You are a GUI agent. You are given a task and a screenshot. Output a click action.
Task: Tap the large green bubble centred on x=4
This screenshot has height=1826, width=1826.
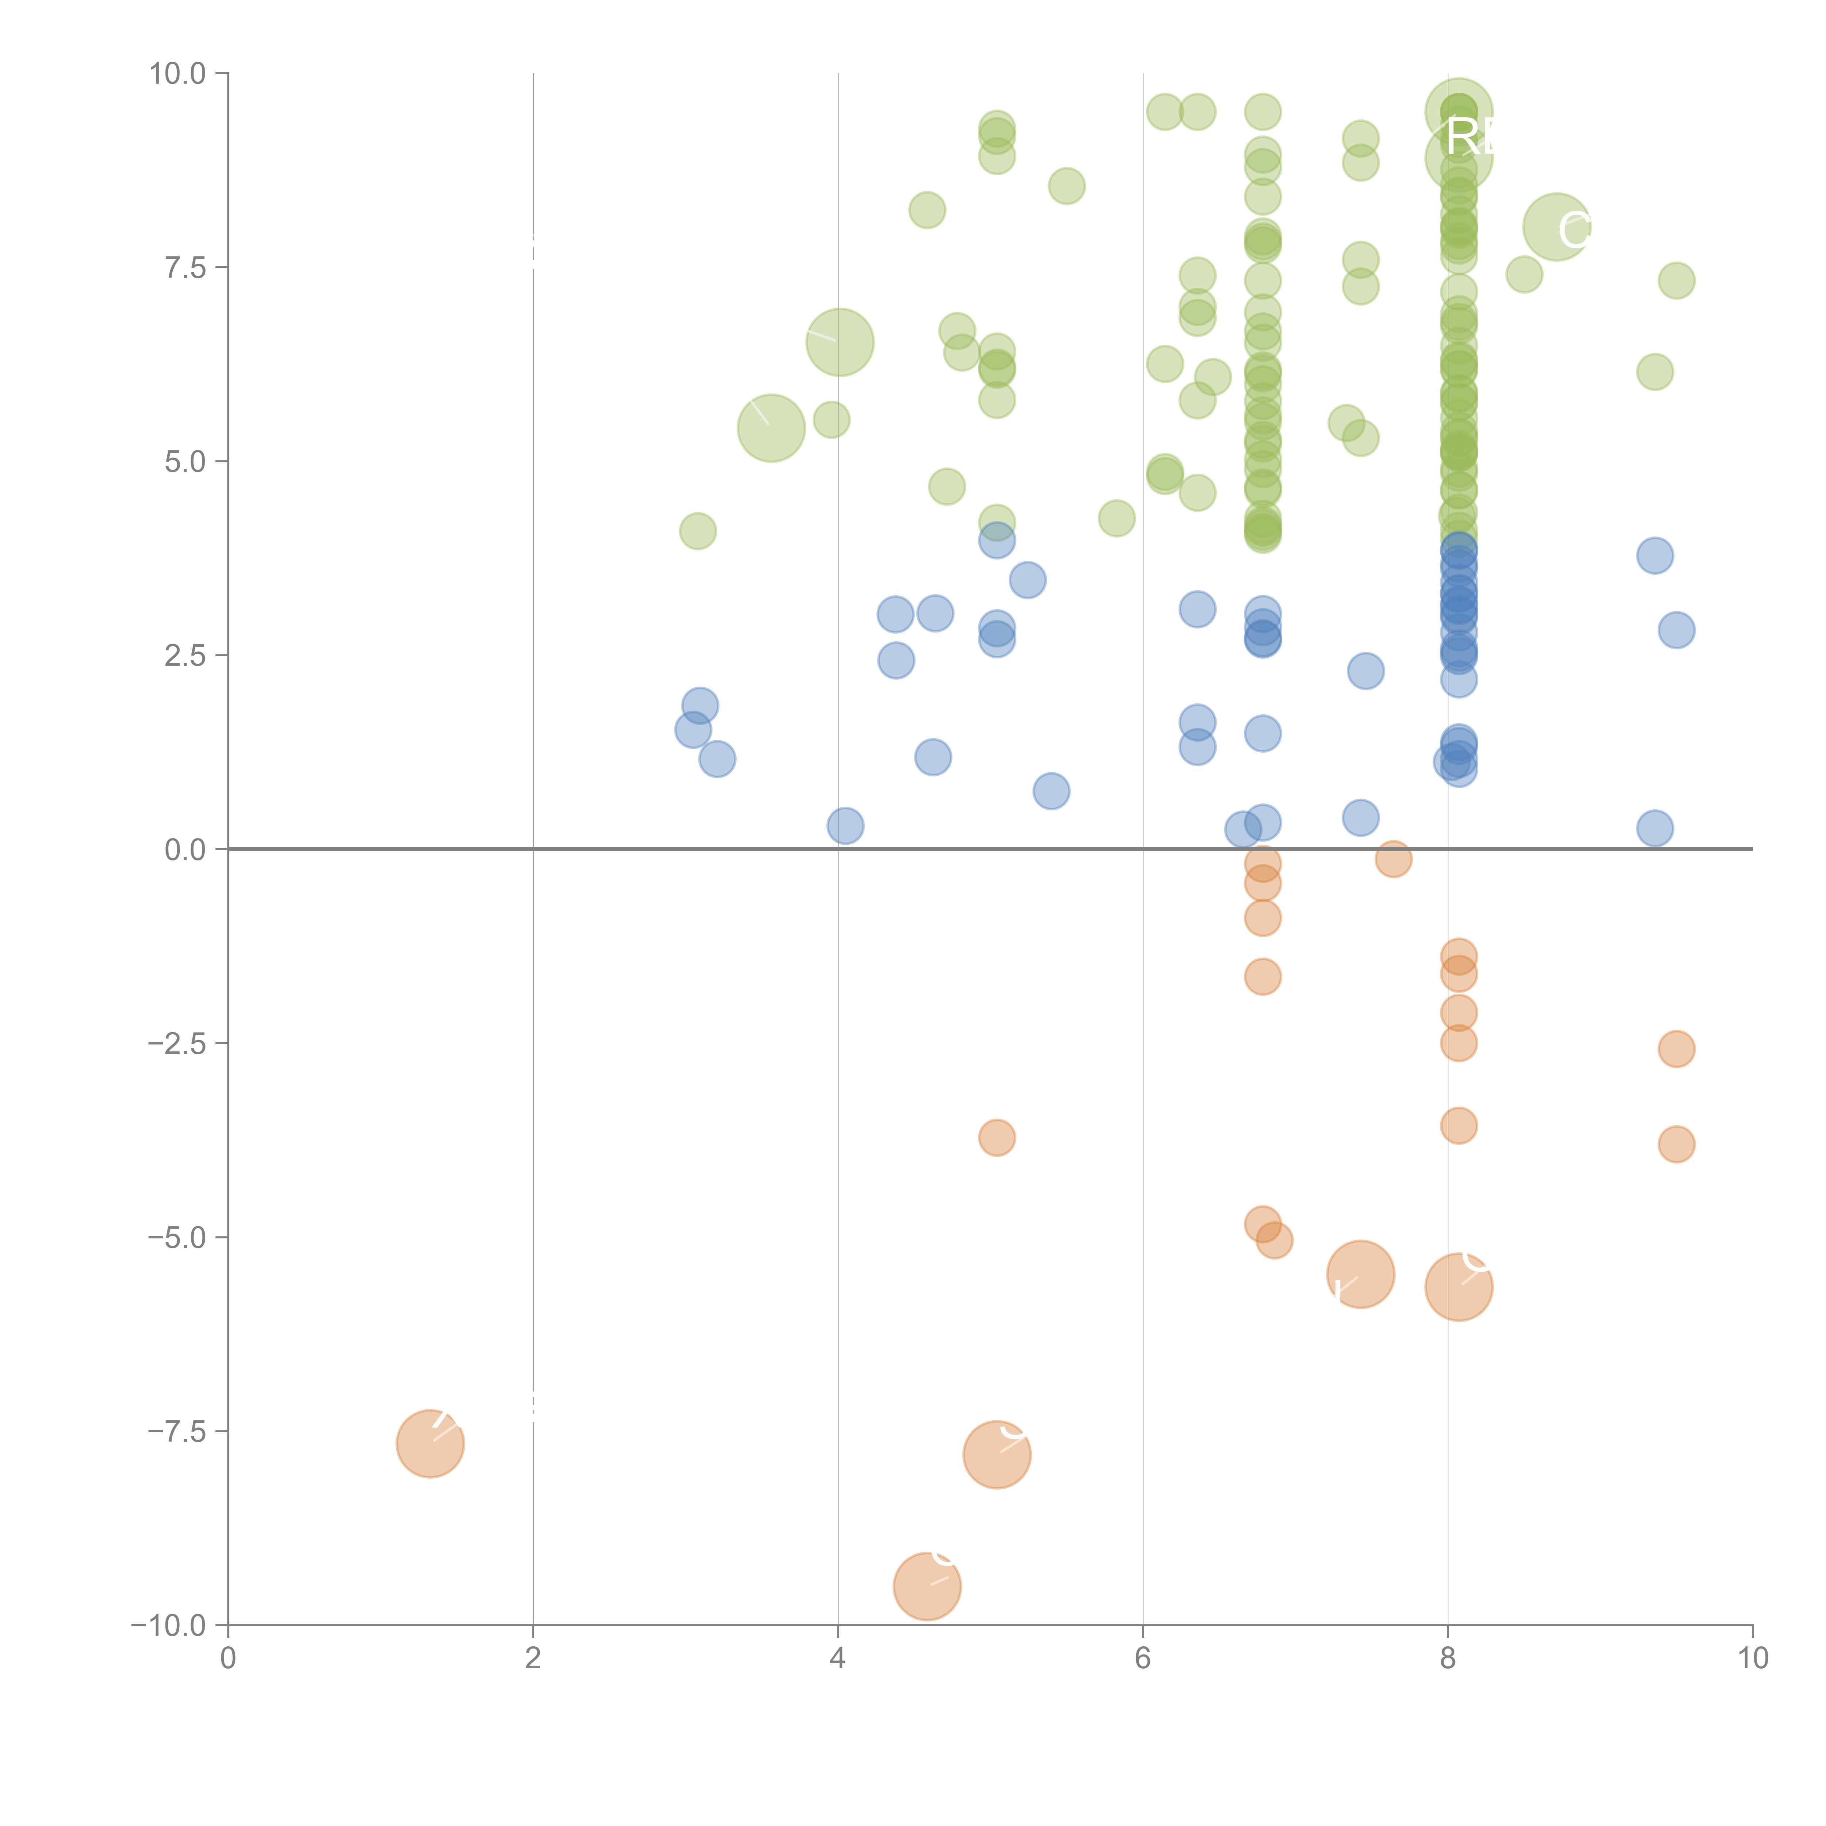click(x=839, y=342)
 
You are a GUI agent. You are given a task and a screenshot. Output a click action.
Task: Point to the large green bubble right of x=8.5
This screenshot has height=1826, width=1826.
click(x=1556, y=227)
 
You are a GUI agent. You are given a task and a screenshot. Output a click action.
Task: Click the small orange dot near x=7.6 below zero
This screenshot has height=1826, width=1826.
click(x=1393, y=859)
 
